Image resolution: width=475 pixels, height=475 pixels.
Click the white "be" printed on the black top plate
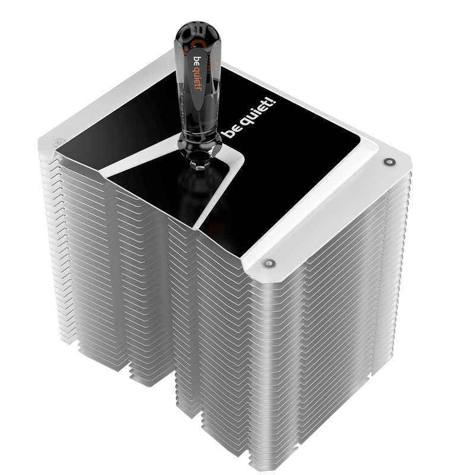coord(230,132)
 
